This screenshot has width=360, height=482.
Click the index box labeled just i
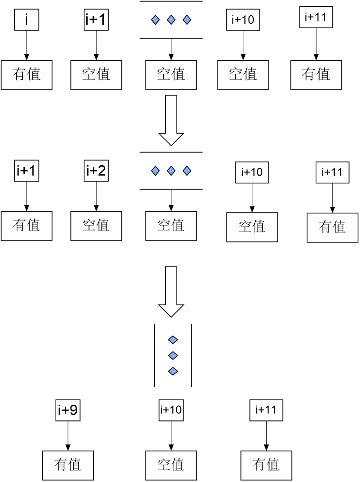click(26, 21)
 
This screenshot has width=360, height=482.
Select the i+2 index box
click(96, 171)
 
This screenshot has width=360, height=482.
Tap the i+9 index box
click(68, 411)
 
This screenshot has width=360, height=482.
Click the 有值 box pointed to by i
click(27, 74)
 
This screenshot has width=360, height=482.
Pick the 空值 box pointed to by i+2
click(96, 225)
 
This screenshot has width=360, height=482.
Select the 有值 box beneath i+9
click(68, 465)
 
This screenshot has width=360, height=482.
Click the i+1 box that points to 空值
click(96, 21)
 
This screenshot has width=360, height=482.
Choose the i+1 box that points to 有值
click(26, 171)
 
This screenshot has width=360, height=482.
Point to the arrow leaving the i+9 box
click(68, 436)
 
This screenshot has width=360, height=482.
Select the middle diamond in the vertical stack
click(173, 355)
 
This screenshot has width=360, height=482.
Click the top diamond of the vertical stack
click(173, 340)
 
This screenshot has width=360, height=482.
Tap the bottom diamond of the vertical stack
click(173, 371)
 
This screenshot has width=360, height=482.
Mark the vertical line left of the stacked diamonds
click(154, 355)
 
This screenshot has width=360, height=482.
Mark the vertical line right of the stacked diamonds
click(191, 355)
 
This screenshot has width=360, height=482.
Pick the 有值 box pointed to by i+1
click(27, 225)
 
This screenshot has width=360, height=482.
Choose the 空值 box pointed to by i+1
click(96, 74)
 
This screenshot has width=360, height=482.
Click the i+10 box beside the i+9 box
click(171, 410)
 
